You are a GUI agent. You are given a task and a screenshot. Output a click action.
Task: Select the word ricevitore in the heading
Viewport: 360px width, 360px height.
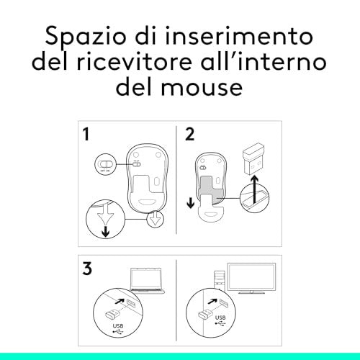click(x=134, y=61)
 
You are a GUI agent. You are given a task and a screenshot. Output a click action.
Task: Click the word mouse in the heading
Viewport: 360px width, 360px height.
click(x=202, y=87)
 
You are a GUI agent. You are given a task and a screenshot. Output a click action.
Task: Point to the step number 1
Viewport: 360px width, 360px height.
click(x=86, y=134)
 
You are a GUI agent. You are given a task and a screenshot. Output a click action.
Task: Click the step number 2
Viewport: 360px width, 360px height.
click(x=189, y=134)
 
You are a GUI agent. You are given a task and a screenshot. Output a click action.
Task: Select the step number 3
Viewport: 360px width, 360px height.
click(x=87, y=268)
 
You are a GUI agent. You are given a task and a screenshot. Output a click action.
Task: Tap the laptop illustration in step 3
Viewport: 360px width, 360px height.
click(x=147, y=280)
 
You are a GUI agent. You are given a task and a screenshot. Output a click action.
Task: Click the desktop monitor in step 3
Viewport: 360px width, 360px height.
click(x=251, y=279)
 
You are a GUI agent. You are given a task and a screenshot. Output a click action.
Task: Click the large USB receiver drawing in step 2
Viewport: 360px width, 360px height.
click(x=253, y=158)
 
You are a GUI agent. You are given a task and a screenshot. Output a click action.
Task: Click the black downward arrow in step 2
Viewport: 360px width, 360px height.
click(x=191, y=203)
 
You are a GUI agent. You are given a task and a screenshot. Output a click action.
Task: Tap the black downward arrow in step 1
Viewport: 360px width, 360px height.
click(x=106, y=232)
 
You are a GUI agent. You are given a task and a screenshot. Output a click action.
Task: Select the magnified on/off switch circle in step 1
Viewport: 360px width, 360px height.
click(x=105, y=164)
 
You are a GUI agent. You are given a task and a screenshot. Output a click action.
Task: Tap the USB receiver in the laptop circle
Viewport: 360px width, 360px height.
click(x=113, y=315)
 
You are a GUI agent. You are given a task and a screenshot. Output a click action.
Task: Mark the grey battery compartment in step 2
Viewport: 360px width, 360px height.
click(x=210, y=189)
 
